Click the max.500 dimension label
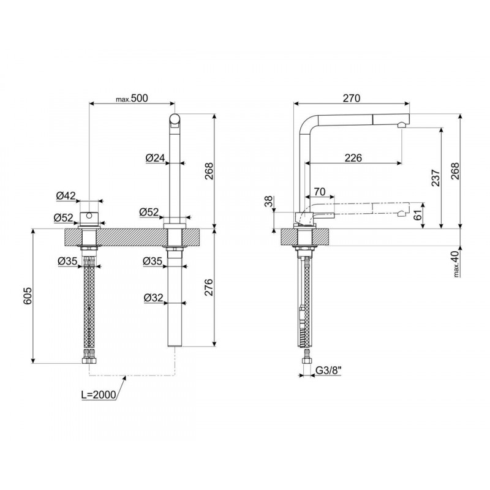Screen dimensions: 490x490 coord(132,98)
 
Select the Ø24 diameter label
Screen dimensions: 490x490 coord(155,158)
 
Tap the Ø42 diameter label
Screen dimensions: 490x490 coord(66,195)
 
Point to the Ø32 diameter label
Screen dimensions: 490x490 coord(154,298)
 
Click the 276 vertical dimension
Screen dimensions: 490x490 coord(208,287)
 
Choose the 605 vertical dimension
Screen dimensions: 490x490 coord(28,295)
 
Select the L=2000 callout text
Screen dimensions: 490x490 coord(99,394)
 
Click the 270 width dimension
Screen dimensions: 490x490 coord(352,98)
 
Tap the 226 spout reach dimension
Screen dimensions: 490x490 coord(353,158)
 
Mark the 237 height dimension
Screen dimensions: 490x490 coord(435,178)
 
